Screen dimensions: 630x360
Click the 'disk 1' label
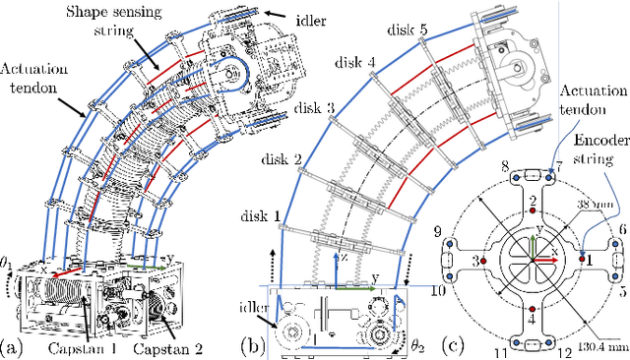coord(260,216)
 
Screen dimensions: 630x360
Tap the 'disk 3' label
coord(314,108)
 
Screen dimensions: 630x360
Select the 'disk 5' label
coord(408,30)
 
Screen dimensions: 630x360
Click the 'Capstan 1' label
coord(83,349)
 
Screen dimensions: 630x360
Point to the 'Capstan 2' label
coord(167,349)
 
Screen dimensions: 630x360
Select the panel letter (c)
coord(453,345)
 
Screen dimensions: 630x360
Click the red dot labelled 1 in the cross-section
coord(582,259)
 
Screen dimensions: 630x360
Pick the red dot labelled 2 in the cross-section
coord(533,210)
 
